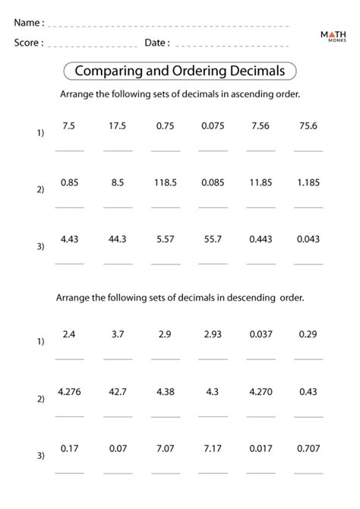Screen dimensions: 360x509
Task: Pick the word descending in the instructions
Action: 250,298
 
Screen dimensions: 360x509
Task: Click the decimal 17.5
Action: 117,126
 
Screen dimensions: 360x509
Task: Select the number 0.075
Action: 213,126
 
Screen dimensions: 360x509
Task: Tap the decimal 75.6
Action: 308,126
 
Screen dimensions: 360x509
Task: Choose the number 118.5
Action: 165,182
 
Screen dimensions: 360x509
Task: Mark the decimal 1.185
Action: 308,182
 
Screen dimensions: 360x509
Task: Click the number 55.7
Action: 213,239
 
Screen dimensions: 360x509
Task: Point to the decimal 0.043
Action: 308,239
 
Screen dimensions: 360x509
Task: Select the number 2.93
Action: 213,334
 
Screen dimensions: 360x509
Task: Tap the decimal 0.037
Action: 261,334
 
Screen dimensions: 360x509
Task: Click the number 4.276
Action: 69,391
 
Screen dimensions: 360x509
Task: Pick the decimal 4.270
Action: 261,391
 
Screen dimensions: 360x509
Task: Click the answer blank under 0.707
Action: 308,471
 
